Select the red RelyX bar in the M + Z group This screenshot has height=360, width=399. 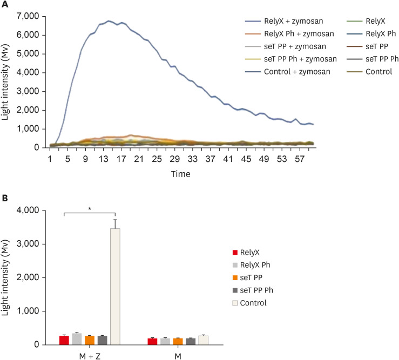pyautogui.click(x=64, y=340)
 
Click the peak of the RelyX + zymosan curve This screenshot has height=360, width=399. pyautogui.click(x=109, y=21)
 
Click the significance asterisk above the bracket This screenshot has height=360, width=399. pyautogui.click(x=90, y=207)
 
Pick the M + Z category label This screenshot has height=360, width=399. pyautogui.click(x=89, y=356)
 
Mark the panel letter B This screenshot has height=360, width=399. pyautogui.click(x=4, y=198)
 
